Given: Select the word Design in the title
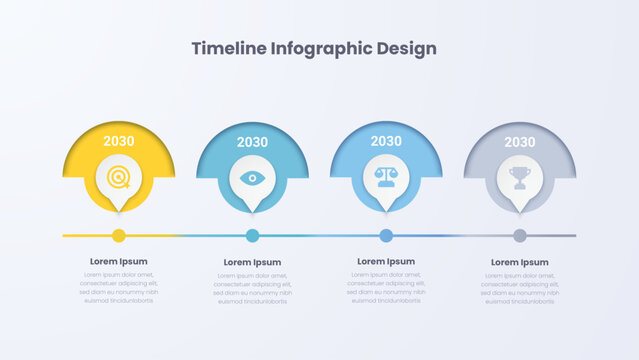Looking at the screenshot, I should (405, 48).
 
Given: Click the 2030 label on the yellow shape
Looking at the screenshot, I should (119, 142).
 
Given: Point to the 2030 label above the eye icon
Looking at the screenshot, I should (252, 142).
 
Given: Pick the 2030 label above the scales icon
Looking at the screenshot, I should (386, 141).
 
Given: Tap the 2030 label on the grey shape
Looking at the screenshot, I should (520, 142).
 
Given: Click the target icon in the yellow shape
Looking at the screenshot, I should (119, 178).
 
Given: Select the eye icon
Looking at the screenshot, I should (252, 178).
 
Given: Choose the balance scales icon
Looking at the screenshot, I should (386, 177).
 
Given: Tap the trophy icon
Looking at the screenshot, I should (520, 177).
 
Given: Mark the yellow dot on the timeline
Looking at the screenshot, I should (119, 236).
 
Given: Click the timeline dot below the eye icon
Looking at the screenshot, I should (252, 236).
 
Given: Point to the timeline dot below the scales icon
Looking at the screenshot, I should (386, 236).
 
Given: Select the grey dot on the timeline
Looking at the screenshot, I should (520, 236).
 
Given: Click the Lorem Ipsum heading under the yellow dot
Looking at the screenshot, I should (119, 261).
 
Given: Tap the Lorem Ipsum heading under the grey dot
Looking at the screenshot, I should (520, 262).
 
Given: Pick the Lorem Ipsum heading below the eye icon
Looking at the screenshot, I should (252, 262).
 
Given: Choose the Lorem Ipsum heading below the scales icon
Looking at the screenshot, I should (386, 261).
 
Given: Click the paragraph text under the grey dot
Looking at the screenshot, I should (520, 287).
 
